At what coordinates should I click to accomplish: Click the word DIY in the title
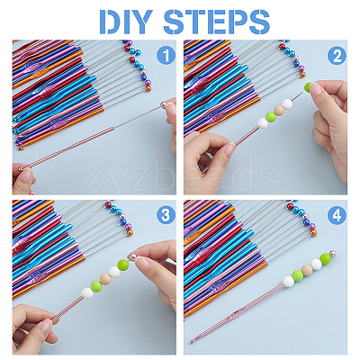[x=127, y=22]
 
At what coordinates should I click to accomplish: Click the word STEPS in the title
[x=217, y=22]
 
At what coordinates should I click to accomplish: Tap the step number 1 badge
[x=166, y=55]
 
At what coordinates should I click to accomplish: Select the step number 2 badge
[x=337, y=56]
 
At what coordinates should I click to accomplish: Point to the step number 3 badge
[x=166, y=215]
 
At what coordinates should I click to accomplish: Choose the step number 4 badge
[x=337, y=215]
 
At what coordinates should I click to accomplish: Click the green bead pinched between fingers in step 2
[x=309, y=87]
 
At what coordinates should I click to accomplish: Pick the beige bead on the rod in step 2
[x=279, y=110]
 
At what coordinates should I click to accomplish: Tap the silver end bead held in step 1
[x=164, y=105]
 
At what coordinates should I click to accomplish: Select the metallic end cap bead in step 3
[x=132, y=256]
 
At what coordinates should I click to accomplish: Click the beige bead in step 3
[x=105, y=279]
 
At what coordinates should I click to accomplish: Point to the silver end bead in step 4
[x=332, y=254]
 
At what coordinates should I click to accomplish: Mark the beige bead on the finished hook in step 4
[x=307, y=270]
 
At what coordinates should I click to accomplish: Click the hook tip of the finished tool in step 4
[x=192, y=341]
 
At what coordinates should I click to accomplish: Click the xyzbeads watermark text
[x=181, y=175]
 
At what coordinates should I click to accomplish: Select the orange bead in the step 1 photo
[x=148, y=88]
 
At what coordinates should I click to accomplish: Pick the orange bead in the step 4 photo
[x=313, y=232]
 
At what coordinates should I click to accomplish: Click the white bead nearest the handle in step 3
[x=87, y=292]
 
